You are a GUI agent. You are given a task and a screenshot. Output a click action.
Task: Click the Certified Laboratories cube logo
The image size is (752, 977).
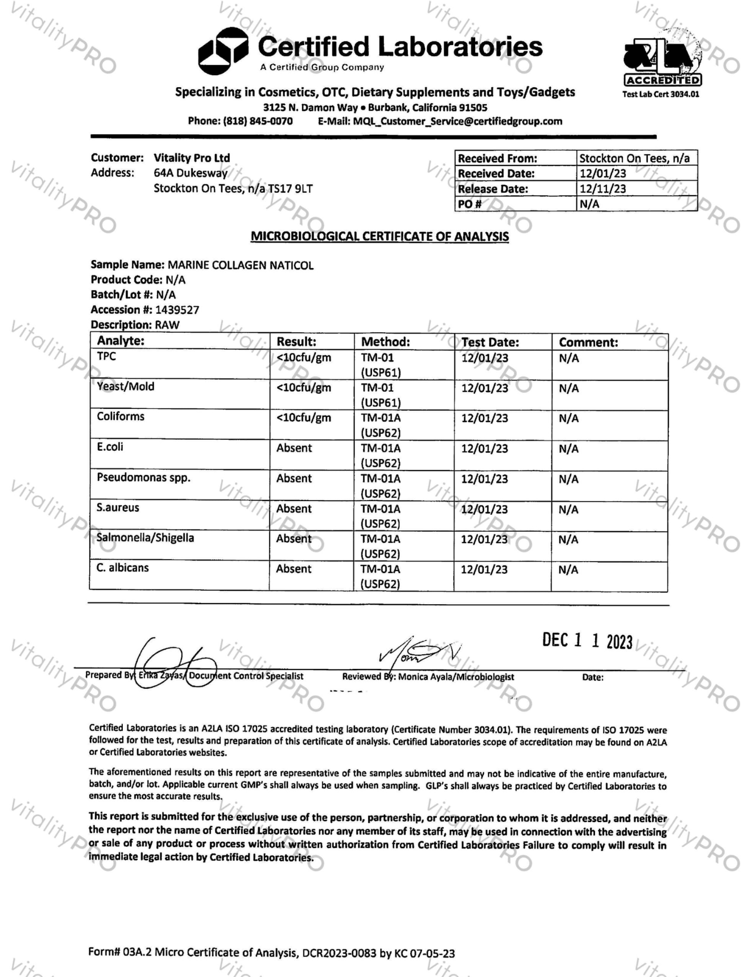point(222,51)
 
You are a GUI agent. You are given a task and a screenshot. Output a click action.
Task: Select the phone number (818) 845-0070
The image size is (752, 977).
point(258,121)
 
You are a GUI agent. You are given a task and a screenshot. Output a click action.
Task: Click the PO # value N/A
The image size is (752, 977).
point(590,204)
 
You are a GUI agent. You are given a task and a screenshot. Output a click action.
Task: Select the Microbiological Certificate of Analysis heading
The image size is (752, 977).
point(380,236)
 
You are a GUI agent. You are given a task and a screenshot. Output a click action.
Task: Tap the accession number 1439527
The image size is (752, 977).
point(177,310)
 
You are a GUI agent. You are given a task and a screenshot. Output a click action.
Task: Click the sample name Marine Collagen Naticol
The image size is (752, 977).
point(241,265)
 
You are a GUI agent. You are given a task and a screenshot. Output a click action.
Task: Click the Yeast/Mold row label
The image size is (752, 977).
point(126,387)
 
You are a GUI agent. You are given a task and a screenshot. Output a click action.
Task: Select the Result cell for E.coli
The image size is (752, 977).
point(294,448)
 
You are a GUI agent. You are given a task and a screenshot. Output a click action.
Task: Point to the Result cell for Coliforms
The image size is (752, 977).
point(304,418)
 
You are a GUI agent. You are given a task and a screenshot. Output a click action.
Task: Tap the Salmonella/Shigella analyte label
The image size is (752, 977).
point(145,538)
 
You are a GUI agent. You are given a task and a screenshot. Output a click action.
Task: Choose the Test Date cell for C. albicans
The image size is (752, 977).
point(484,569)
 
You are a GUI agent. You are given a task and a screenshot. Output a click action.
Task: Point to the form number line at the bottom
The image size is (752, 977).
point(271,952)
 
